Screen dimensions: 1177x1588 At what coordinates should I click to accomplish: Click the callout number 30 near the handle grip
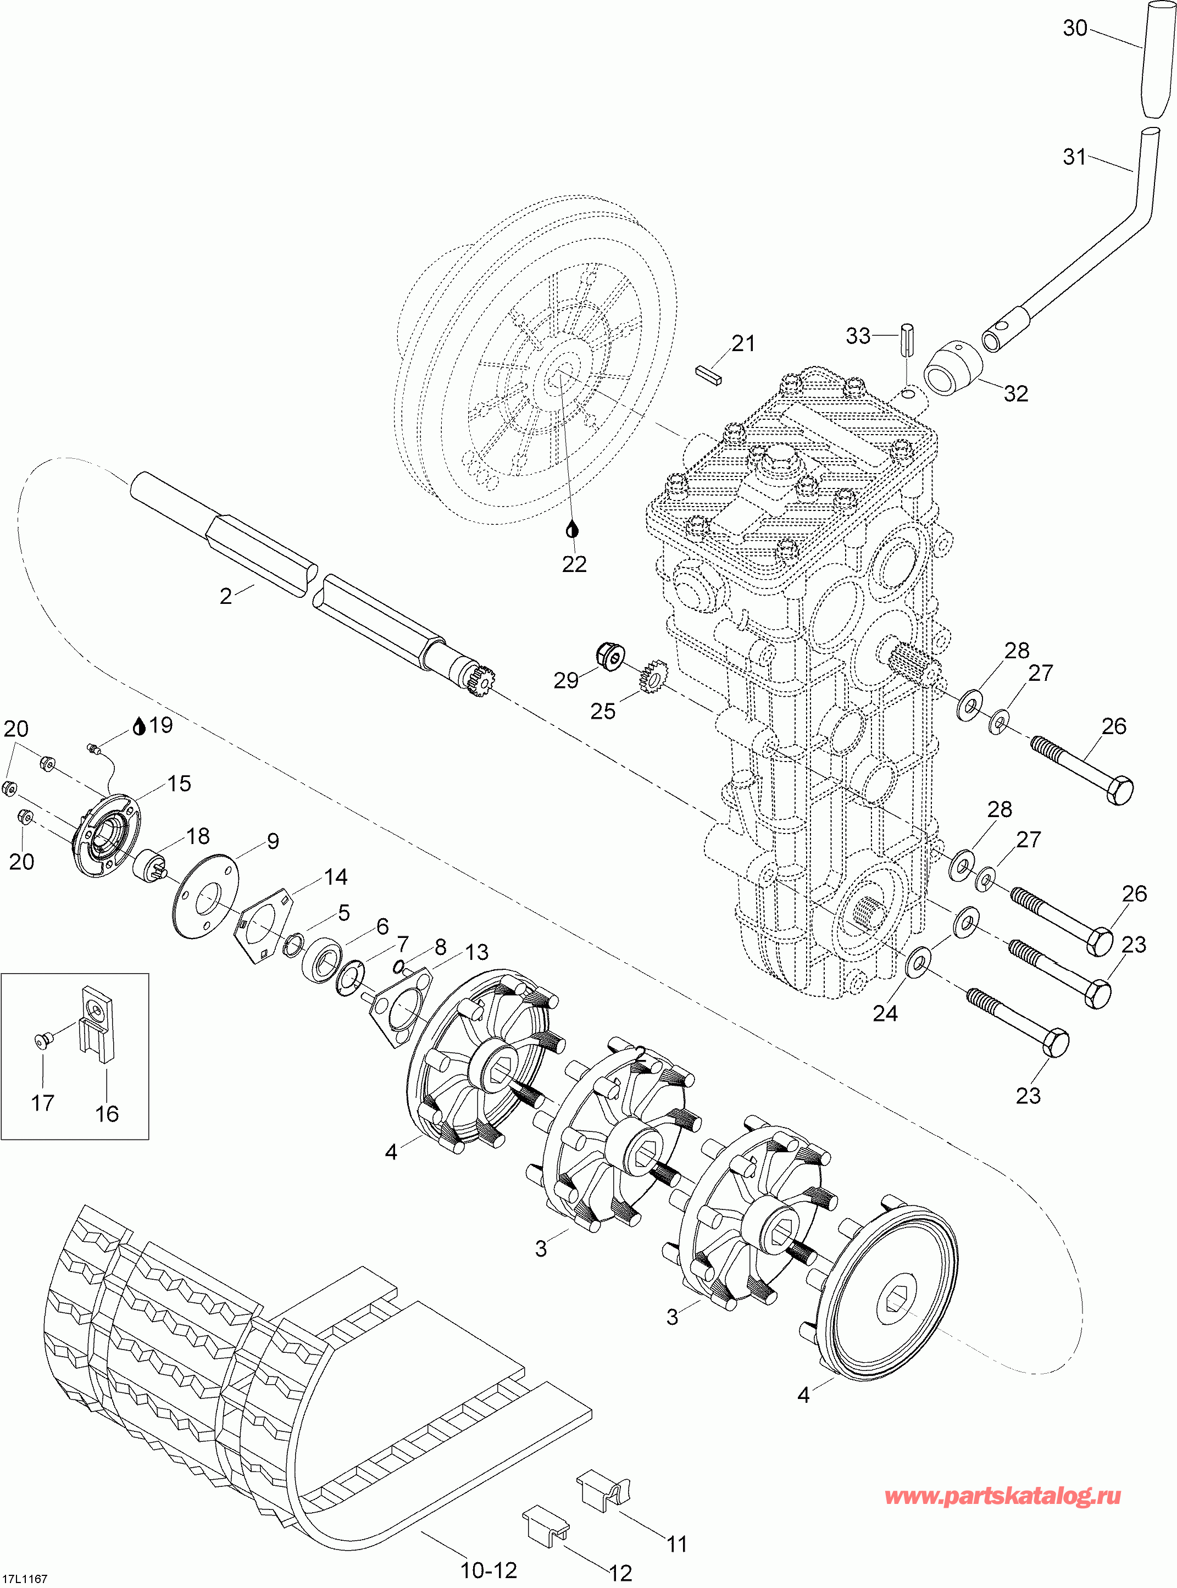tap(1075, 29)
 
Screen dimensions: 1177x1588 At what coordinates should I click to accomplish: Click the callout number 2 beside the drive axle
tap(226, 596)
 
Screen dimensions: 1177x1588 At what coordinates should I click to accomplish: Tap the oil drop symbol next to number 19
tap(140, 726)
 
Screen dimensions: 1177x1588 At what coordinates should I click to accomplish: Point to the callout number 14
tap(336, 876)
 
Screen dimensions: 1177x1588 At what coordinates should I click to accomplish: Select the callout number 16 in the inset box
tap(107, 1114)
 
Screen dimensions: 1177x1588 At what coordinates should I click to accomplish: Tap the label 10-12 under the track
tap(488, 1569)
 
